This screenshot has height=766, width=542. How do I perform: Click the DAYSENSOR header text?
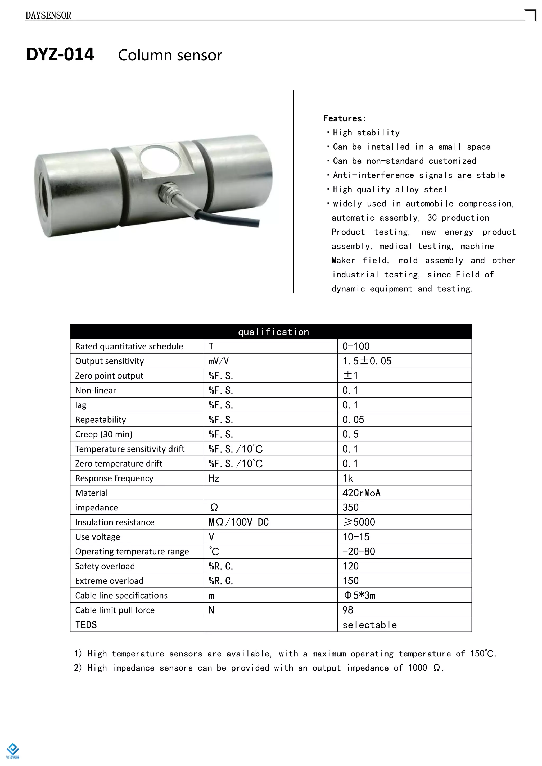tap(48, 15)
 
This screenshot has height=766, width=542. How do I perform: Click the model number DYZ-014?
tap(60, 54)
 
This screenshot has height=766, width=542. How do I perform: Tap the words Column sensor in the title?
tap(170, 55)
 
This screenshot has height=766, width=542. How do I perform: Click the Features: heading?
tap(344, 118)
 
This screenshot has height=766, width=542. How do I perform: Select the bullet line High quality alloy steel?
tap(389, 189)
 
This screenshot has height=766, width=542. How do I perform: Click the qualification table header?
tap(273, 332)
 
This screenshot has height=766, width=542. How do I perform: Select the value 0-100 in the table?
tap(356, 346)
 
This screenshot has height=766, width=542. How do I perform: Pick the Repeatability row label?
tap(101, 420)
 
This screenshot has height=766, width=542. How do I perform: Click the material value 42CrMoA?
tap(362, 493)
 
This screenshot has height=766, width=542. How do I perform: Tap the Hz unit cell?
tap(214, 478)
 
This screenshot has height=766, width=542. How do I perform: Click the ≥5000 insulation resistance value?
tap(359, 522)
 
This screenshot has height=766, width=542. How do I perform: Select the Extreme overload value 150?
tap(350, 581)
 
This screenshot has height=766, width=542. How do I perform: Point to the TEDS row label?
tap(86, 624)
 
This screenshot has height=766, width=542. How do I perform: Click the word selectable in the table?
tap(370, 625)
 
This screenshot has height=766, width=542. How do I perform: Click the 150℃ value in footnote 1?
tap(483, 654)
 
